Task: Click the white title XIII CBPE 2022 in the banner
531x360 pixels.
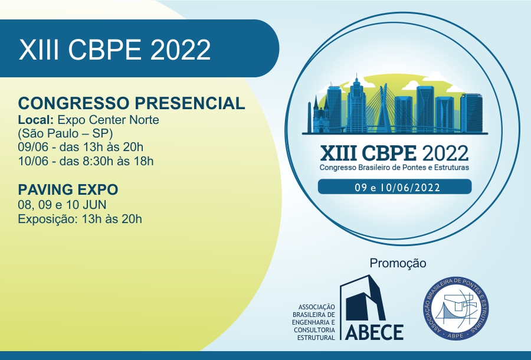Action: [x=115, y=50]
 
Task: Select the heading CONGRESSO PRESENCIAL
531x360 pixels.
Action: [x=132, y=103]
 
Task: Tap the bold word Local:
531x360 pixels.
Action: [x=36, y=120]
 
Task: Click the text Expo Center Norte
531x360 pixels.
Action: [x=109, y=120]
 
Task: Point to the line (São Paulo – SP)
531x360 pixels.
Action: [x=65, y=133]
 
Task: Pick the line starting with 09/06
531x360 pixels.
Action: [x=81, y=148]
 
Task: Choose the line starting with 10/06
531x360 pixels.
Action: [x=86, y=161]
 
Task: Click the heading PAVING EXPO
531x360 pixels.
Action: [x=68, y=189]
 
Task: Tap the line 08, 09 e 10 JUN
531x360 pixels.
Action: [x=63, y=205]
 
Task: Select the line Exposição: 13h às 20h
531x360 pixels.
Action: [x=80, y=219]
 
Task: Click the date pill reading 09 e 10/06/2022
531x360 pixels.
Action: [x=395, y=187]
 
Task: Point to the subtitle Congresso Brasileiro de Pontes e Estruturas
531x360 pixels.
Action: [x=394, y=168]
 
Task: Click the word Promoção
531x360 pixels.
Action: [x=398, y=263]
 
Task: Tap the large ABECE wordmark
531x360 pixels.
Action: [x=374, y=332]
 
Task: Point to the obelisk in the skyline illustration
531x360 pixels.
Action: [x=309, y=117]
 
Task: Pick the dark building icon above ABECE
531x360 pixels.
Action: [x=363, y=298]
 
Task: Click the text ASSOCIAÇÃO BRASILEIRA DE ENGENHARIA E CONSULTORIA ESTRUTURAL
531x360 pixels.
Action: [x=314, y=322]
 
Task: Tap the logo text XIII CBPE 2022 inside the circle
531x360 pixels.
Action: [x=394, y=153]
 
